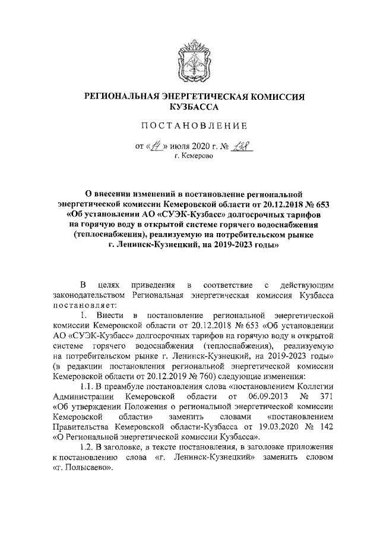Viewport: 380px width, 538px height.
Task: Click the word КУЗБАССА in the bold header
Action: pyautogui.click(x=189, y=107)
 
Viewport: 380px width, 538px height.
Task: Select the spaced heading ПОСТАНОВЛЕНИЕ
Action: pyautogui.click(x=189, y=127)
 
